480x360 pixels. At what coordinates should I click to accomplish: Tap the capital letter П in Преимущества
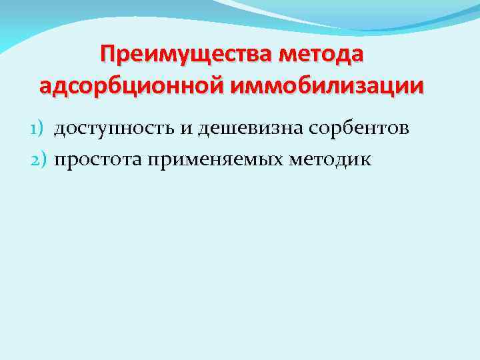click(107, 53)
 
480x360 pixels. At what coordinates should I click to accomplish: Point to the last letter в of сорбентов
click(403, 128)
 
